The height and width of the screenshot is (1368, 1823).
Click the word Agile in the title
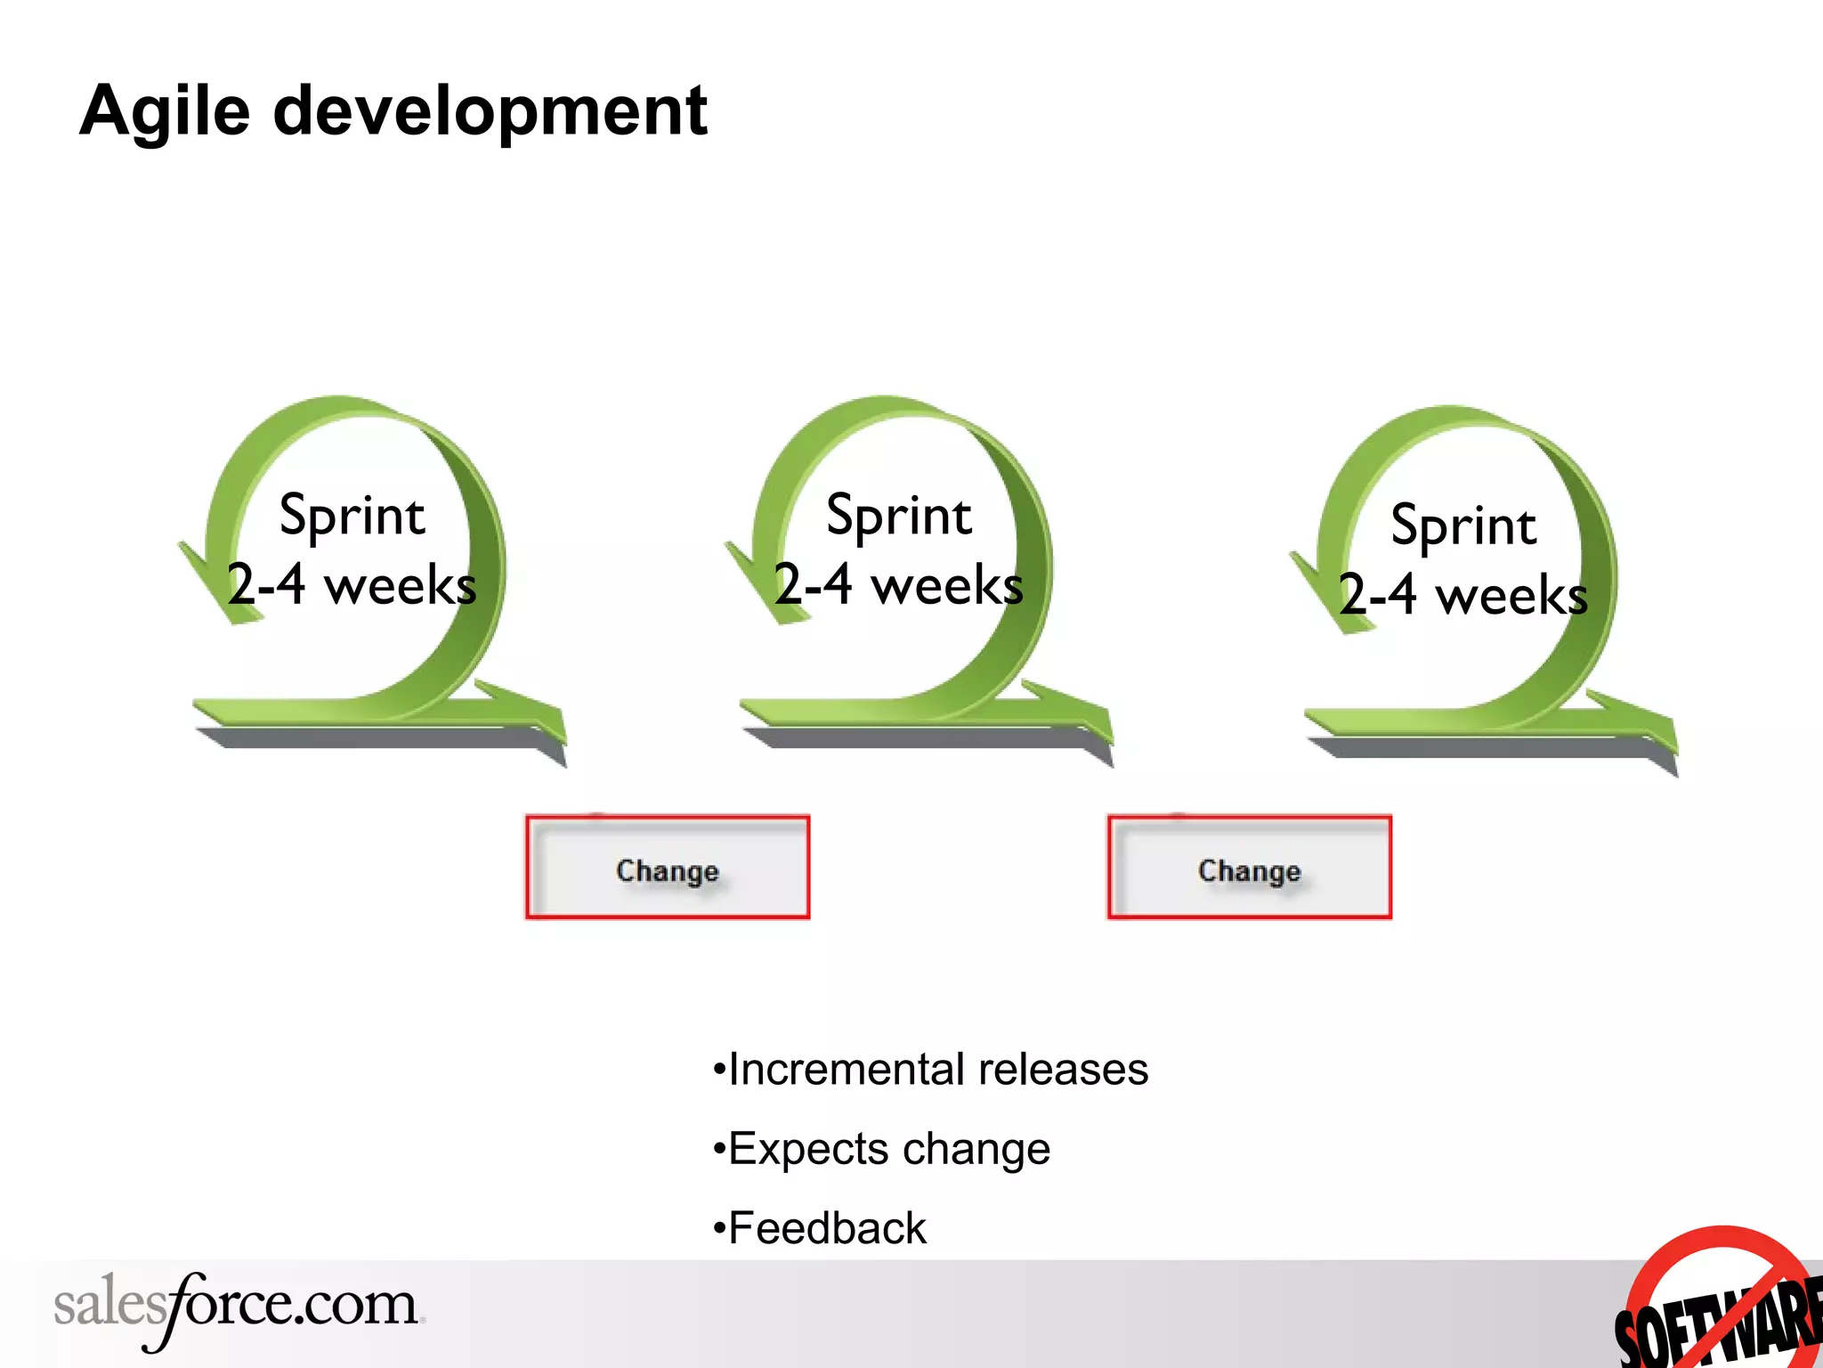coord(166,112)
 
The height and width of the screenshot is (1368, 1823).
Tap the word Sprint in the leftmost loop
coord(352,516)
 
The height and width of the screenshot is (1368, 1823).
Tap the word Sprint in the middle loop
coord(898,516)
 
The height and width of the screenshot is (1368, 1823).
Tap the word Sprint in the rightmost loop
coord(1462,525)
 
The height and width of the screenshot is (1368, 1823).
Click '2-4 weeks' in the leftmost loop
coord(352,585)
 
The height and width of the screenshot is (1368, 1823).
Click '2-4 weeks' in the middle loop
coord(898,585)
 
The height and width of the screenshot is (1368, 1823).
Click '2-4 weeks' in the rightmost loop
coord(1462,595)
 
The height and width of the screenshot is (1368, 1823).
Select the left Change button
coord(668,867)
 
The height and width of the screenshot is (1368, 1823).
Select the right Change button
coord(1249,867)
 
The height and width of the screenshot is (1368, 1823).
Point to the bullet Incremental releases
coord(930,1070)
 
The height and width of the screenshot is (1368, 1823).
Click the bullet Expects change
coord(881,1149)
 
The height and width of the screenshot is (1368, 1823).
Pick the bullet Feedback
coord(819,1228)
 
